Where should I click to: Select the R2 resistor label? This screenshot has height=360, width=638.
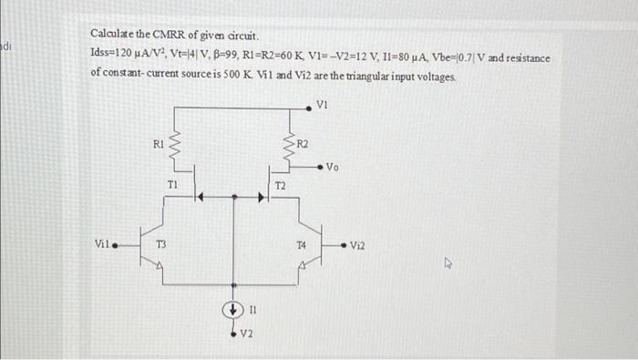click(x=304, y=143)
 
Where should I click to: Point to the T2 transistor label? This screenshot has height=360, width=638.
click(x=280, y=185)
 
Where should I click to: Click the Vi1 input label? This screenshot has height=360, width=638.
click(x=102, y=242)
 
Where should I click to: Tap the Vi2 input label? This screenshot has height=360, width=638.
click(x=357, y=243)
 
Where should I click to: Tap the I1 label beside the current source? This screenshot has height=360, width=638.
click(x=252, y=309)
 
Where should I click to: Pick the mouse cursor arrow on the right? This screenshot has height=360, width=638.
click(x=448, y=264)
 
